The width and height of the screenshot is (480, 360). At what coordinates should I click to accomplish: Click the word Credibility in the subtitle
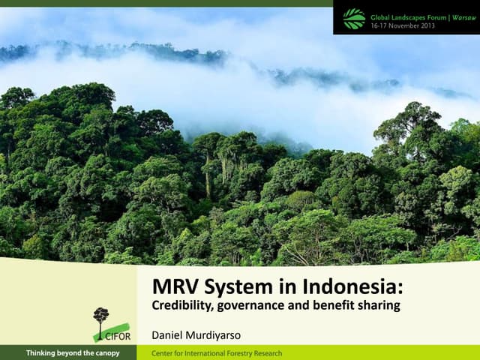coord(179,306)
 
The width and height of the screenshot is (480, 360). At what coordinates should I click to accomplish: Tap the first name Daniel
coord(169,333)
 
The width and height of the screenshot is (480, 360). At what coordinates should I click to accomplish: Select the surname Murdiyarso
coord(220,333)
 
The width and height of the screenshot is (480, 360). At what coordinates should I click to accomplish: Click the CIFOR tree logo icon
coord(100,319)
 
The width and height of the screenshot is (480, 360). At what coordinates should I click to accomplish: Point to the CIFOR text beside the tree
coord(118,335)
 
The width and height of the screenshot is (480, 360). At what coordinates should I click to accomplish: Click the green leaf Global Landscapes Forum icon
coord(354,18)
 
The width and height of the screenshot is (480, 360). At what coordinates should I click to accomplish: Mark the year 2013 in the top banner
coord(427,23)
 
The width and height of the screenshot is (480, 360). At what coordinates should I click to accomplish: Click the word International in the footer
coord(201,353)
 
